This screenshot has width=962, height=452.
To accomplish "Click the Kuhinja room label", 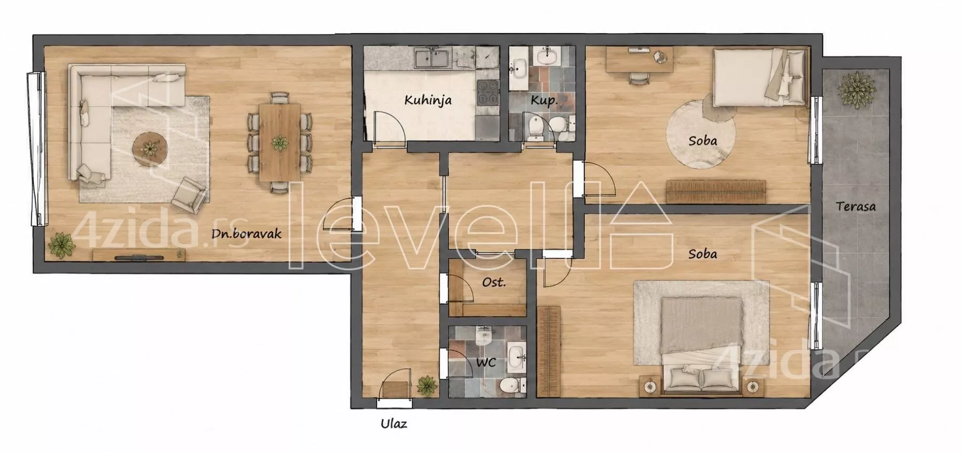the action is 428,100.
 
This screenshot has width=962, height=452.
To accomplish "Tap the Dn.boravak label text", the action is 246,233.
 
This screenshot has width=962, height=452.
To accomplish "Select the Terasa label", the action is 856,206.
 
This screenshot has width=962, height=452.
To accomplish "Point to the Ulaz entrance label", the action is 394,424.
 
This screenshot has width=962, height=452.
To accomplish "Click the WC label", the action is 486,362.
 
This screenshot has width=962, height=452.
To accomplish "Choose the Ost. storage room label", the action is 494,282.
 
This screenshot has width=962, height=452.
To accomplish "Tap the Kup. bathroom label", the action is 544,100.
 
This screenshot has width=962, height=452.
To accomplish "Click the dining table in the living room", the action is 280,142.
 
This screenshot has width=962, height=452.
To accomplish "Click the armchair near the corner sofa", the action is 190,194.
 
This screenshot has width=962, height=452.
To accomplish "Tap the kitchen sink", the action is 433,58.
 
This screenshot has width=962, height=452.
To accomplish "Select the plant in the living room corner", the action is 62,245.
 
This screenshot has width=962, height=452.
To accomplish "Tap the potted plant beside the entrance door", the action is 427,385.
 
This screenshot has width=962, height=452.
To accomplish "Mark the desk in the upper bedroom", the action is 639,59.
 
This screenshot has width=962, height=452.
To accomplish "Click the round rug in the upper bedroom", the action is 700,135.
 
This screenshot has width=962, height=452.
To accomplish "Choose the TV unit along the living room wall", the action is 139,255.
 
